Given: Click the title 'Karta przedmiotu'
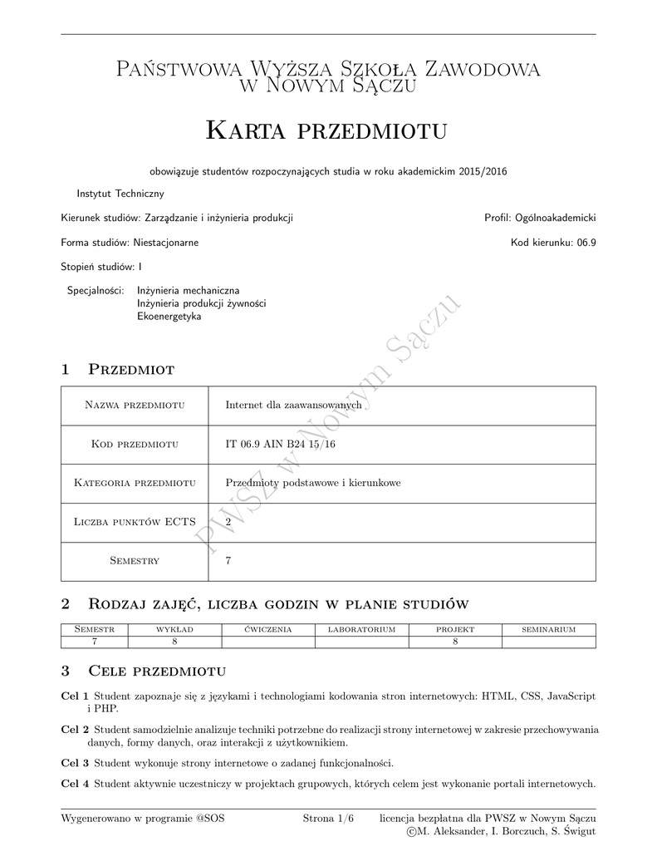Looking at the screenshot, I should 327,130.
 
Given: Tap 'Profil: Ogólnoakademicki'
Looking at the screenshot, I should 540,218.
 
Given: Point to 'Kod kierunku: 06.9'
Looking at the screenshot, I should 553,243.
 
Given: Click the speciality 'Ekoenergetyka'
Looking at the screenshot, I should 169,317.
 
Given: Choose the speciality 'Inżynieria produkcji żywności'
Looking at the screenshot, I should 201,303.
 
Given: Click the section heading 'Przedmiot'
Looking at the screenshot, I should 130,369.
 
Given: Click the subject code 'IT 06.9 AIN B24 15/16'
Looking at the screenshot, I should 281,444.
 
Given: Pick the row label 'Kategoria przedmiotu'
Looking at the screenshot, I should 135,483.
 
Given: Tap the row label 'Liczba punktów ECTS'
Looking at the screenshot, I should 135,522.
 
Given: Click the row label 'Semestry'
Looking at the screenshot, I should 135,561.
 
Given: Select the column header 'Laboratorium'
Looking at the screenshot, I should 361,630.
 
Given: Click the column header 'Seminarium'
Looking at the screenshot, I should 548,630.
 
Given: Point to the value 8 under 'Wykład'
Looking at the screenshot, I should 174,642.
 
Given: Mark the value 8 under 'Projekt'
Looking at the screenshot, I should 455,642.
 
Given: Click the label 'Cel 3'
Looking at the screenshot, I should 75,762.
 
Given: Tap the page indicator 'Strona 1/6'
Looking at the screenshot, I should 328,819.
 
